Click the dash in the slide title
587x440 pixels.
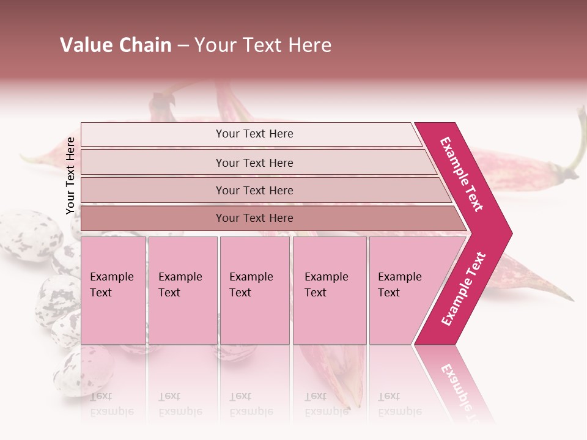(x=183, y=46)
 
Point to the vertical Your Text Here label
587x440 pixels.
(x=70, y=175)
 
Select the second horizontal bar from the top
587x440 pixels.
(x=254, y=163)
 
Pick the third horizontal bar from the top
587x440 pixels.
(x=254, y=190)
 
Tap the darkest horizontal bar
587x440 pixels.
(x=254, y=218)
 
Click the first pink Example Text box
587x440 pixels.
(x=113, y=290)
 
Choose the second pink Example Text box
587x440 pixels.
(x=182, y=290)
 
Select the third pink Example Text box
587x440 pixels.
(x=254, y=290)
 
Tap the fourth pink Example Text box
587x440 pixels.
(x=329, y=290)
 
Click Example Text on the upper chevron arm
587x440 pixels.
(x=462, y=174)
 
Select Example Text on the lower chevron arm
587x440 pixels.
(x=463, y=289)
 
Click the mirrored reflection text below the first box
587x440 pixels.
(x=112, y=404)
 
